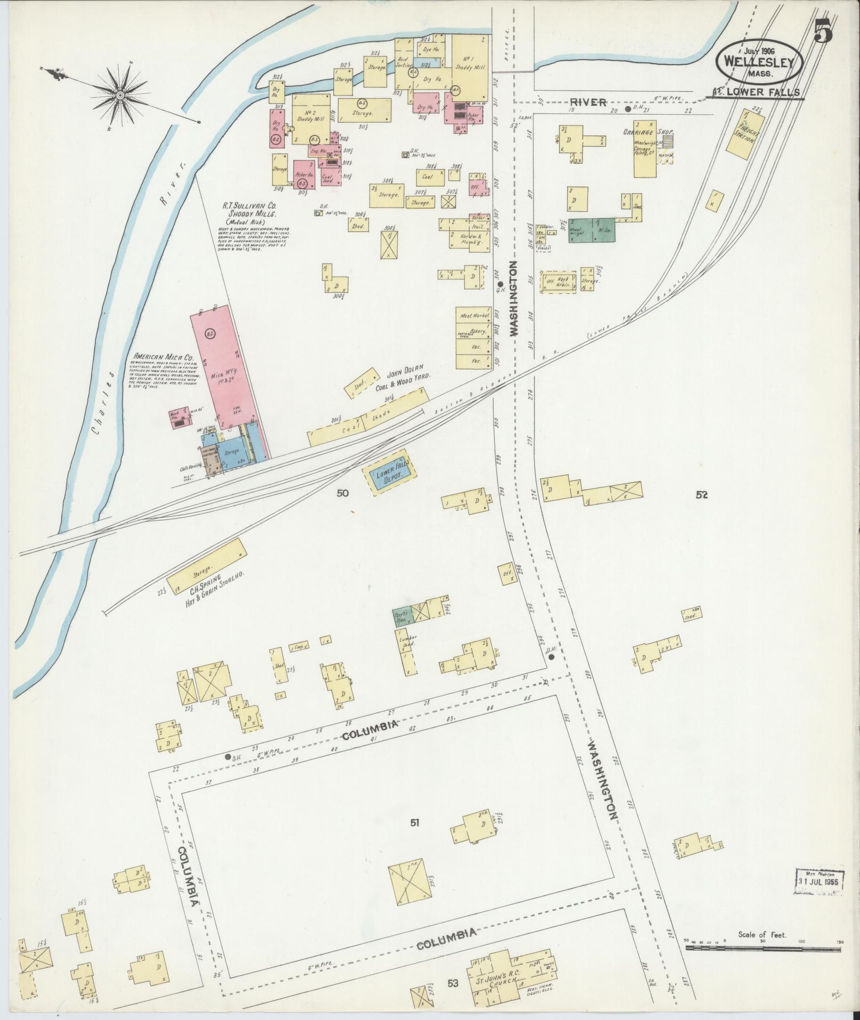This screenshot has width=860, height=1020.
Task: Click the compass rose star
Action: [x=120, y=95]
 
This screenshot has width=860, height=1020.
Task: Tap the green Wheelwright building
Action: [x=592, y=229]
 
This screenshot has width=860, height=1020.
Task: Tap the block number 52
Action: [x=701, y=495]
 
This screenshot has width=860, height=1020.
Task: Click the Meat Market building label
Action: [x=472, y=316]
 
